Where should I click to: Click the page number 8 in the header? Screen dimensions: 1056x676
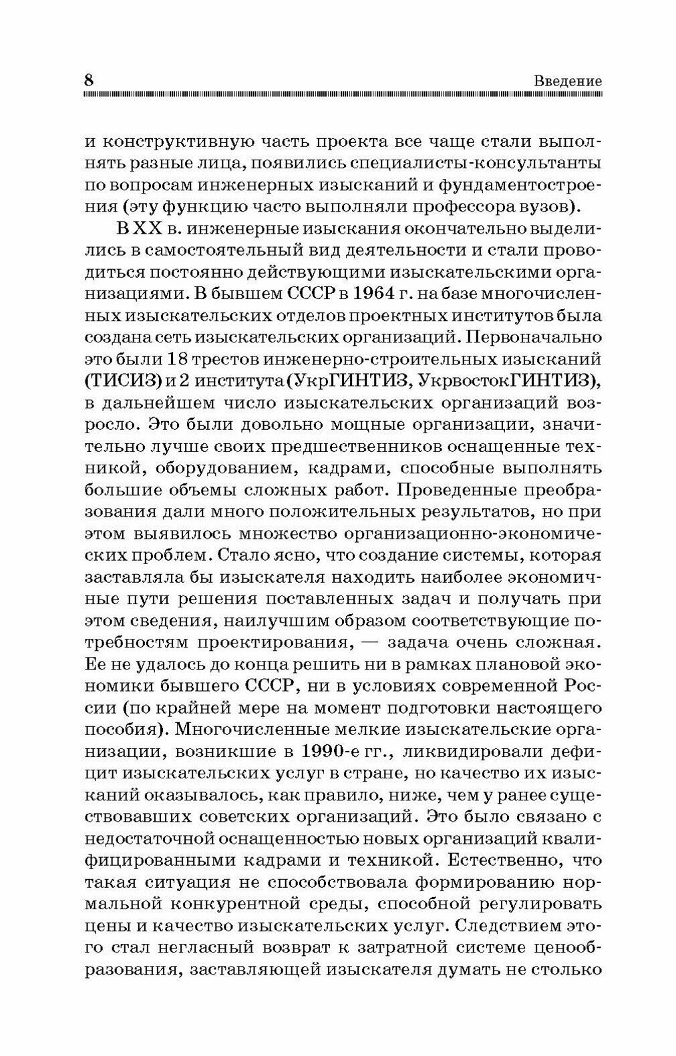(88, 79)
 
